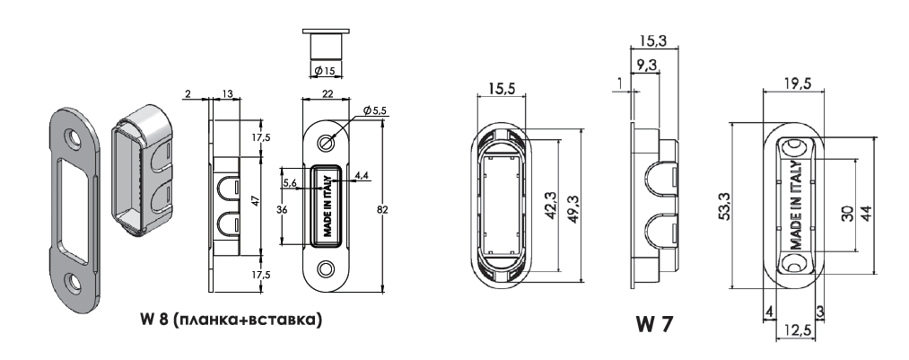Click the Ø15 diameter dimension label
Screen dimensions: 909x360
pyautogui.click(x=325, y=71)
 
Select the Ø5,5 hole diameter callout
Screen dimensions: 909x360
pyautogui.click(x=374, y=110)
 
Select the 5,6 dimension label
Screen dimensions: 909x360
pyautogui.click(x=291, y=184)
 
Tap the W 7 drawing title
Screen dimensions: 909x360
pyautogui.click(x=654, y=324)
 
